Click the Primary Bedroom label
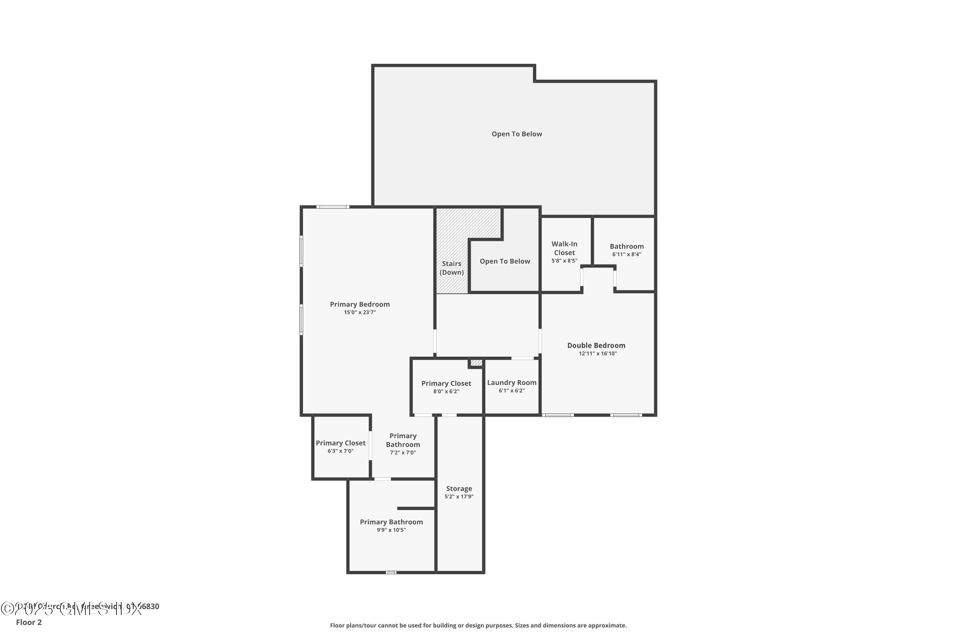coord(360,304)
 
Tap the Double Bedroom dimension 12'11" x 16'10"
coord(597,353)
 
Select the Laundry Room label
coord(511,382)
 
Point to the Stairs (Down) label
coord(451,268)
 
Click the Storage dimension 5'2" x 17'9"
coord(459,496)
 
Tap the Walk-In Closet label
coord(564,248)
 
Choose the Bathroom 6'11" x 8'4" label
coord(626,247)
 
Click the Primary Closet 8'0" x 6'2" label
coord(446,384)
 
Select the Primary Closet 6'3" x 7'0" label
coord(341,443)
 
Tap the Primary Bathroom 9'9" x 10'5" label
coord(391,522)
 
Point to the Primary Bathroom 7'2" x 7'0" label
coord(403,440)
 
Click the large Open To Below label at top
coord(516,134)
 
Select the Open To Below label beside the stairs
coord(505,261)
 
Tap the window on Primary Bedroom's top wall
coord(332,207)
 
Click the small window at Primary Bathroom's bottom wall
coord(390,573)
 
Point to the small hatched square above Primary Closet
coord(476,362)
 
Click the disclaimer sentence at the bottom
coord(478,625)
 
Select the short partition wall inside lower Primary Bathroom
coord(416,508)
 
